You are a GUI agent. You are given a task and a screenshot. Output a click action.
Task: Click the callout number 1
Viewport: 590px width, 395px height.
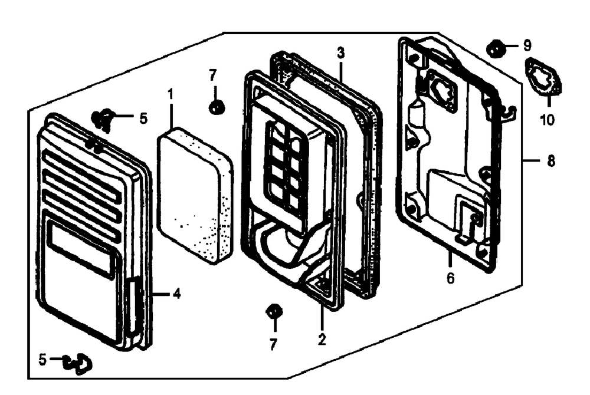coord(171,94)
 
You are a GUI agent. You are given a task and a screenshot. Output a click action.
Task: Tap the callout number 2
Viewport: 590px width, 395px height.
coord(322,340)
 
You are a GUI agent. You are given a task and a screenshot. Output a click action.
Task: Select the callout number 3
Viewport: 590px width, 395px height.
coord(340,53)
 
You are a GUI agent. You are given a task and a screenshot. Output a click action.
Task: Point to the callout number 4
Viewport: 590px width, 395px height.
coord(177,294)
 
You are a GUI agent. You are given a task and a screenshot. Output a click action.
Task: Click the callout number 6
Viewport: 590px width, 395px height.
coord(450,278)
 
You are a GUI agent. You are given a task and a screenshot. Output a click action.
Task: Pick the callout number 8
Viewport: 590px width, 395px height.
coord(551,161)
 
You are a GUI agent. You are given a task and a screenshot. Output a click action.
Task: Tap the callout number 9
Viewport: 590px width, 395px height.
coord(527,45)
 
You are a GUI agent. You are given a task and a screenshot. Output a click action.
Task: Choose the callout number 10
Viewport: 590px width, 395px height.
coord(548,120)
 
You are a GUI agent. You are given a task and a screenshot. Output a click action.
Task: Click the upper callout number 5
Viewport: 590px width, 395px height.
coord(143,119)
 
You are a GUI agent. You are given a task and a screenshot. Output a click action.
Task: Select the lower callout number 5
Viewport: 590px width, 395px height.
coord(42,360)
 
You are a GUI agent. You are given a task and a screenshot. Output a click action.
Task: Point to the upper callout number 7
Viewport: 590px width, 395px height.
coord(213,75)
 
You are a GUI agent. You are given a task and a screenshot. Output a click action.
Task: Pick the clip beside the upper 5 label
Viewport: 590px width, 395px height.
coord(102,120)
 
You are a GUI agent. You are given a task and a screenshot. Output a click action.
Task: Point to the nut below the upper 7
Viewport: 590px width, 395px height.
coord(217,107)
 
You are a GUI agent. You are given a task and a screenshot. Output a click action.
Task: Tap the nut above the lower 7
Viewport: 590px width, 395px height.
coord(274,311)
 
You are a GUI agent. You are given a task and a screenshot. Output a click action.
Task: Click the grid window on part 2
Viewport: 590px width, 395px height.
coord(288,165)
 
